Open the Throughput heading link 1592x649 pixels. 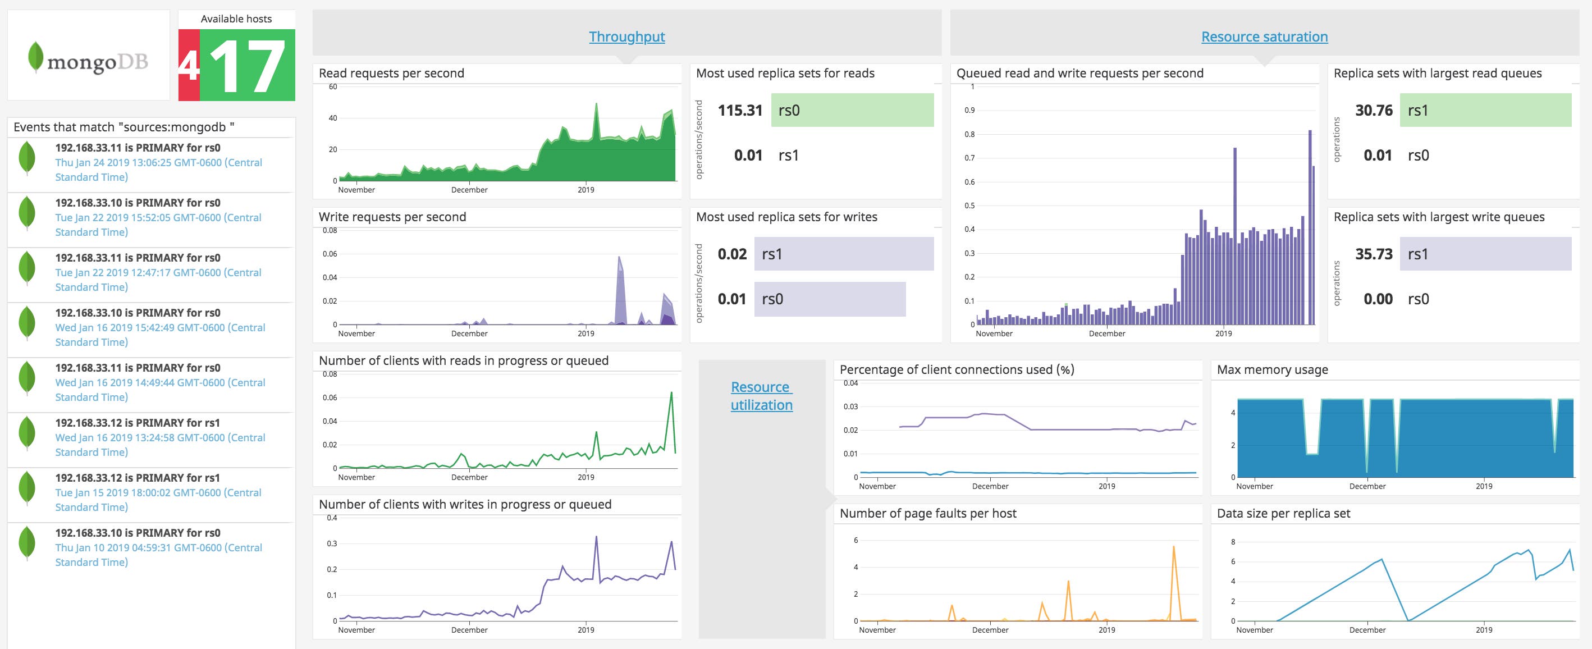(x=626, y=36)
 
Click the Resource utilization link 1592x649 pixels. (x=761, y=396)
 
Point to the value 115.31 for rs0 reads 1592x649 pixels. (x=740, y=110)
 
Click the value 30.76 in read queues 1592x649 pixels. (x=1373, y=110)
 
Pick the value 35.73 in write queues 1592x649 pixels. (x=1373, y=254)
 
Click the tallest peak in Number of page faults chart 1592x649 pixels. (x=1173, y=547)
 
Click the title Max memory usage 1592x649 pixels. (x=1272, y=369)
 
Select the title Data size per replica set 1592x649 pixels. (x=1283, y=513)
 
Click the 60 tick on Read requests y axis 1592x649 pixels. (x=332, y=86)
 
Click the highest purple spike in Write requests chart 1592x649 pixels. (x=619, y=258)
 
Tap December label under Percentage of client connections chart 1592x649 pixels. (x=990, y=486)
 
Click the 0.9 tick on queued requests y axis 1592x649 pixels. (x=969, y=110)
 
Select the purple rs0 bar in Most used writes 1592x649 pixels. (x=829, y=299)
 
